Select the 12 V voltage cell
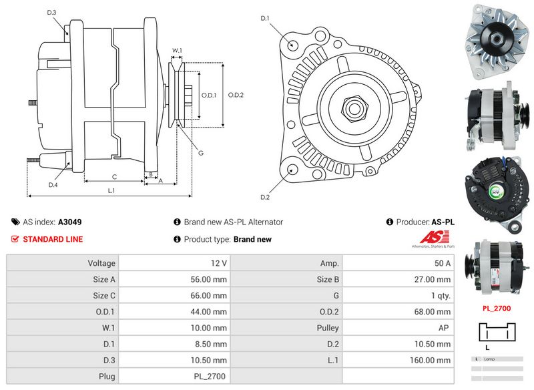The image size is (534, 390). tap(218, 264)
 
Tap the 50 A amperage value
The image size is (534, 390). tap(442, 264)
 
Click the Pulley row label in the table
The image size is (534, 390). tap(327, 328)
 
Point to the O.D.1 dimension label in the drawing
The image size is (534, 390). tap(208, 95)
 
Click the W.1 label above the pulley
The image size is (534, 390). tap(177, 50)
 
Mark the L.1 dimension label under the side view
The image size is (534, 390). tap(111, 191)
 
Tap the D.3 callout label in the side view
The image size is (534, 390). tap(52, 13)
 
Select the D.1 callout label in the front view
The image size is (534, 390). tap(265, 18)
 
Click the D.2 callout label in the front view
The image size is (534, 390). tap(265, 197)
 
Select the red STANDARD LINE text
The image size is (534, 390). tap(53, 239)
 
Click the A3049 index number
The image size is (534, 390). tap(70, 222)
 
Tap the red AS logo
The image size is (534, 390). tap(435, 238)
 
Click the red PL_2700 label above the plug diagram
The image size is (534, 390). tap(496, 309)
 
